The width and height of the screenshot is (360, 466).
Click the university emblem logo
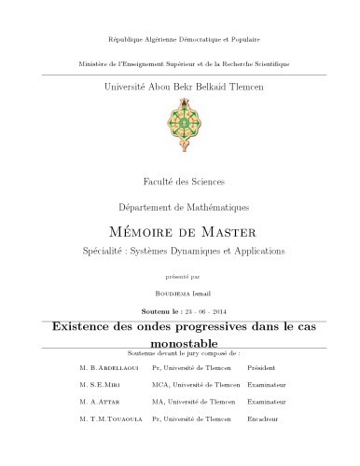pyautogui.click(x=179, y=120)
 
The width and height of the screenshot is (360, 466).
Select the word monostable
pyautogui.click(x=180, y=342)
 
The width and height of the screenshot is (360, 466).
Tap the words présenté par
pyautogui.click(x=180, y=276)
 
